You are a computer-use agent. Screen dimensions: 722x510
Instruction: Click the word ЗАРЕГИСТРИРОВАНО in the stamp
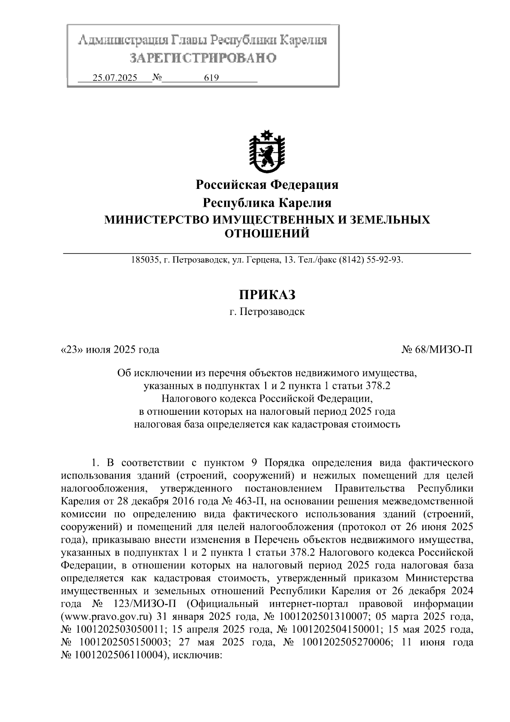tap(203, 57)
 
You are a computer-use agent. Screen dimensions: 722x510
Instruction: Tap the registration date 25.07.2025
tap(115, 78)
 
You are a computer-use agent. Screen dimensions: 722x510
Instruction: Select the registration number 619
tap(211, 78)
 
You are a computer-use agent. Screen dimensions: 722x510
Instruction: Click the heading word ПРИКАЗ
tap(267, 294)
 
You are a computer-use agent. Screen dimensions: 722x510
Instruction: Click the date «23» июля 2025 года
tap(110, 350)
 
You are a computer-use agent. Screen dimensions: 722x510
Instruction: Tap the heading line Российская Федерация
tap(267, 185)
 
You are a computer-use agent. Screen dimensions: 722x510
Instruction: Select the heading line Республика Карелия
tap(267, 203)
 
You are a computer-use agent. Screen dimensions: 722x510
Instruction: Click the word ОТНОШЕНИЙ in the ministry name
tap(267, 234)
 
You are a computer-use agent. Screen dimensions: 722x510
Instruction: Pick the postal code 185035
tap(144, 260)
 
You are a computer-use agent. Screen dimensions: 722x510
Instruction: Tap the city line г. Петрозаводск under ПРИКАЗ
tap(267, 312)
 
